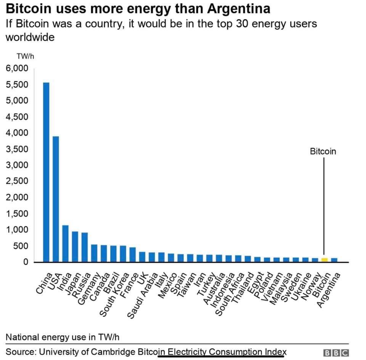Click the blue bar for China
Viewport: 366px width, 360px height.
coord(46,172)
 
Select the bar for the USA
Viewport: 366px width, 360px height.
coord(56,199)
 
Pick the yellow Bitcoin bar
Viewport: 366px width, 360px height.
coord(324,260)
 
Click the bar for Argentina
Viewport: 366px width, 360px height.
coord(334,260)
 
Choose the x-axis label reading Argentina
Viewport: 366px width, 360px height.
coord(329,290)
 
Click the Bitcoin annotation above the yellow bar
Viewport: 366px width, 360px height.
coord(323,151)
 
